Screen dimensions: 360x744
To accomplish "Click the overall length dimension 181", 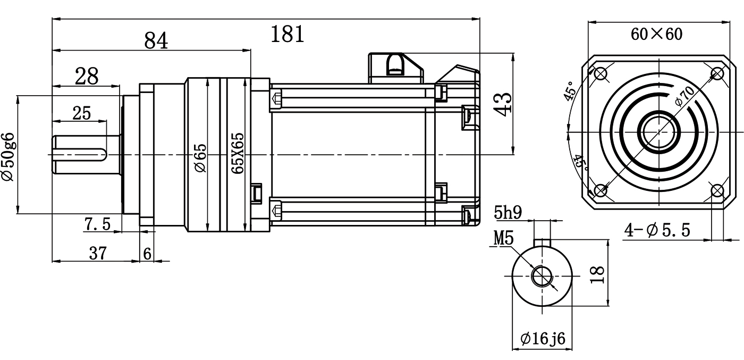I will coord(288,35).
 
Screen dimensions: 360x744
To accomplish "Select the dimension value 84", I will coord(156,40).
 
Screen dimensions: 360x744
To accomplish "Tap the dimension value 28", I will coord(87,77).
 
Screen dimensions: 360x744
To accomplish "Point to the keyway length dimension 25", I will coord(81,113).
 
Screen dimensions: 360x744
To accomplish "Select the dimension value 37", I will coord(97,254).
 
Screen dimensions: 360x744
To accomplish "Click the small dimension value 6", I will coord(147,254).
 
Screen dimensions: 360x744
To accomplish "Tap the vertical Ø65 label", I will coord(200,158).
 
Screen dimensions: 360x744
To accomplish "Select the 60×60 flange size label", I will coord(656,35).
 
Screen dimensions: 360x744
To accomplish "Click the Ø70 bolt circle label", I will coord(684,96).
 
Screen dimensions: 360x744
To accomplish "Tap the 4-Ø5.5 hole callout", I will coord(657,230).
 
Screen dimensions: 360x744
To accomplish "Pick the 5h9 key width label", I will coord(508,213).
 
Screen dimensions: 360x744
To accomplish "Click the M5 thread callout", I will coord(503,239).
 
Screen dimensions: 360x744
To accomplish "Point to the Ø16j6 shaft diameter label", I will coord(543,338).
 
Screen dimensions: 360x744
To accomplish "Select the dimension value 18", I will coord(598,274).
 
